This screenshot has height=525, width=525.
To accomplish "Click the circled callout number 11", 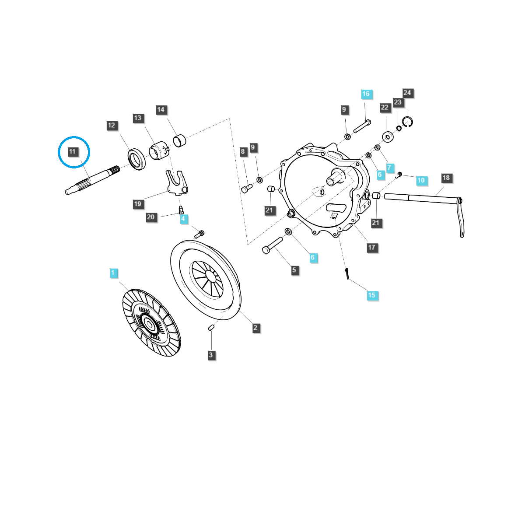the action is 72,151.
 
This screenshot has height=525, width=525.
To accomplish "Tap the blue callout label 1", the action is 113,273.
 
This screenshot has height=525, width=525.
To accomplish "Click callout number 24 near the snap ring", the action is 407,93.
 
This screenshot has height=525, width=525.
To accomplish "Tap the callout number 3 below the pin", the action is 211,355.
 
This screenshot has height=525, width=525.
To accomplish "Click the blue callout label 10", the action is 421,180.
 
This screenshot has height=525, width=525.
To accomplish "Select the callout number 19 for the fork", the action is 138,204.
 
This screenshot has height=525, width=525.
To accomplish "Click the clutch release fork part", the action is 177,183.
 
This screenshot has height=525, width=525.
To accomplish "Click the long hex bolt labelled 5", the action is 273,245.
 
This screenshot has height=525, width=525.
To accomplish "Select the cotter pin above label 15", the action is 347,273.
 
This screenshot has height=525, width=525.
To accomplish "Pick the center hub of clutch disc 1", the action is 149,324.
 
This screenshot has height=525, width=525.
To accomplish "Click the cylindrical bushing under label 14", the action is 179,141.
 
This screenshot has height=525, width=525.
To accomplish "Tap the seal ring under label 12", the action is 137,159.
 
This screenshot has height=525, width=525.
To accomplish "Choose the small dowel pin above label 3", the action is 211,328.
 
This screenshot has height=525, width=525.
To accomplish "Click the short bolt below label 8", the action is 247,188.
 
